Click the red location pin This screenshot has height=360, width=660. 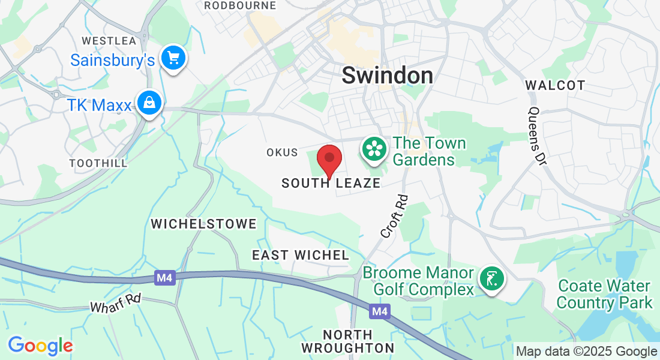pyautogui.click(x=329, y=159)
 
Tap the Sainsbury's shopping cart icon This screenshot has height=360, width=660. pyautogui.click(x=175, y=58)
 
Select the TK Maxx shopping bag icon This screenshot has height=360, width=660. pyautogui.click(x=148, y=104)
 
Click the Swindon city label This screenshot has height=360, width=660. pyautogui.click(x=387, y=75)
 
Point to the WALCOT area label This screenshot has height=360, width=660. pyautogui.click(x=555, y=85)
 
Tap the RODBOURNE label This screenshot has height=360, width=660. pyautogui.click(x=240, y=5)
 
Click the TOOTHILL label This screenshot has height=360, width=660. pyautogui.click(x=98, y=163)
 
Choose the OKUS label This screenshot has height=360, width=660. pyautogui.click(x=282, y=152)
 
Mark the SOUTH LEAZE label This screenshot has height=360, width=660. pyautogui.click(x=331, y=183)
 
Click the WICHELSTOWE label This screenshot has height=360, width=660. pyautogui.click(x=203, y=224)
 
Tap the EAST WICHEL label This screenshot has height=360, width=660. pyautogui.click(x=300, y=255)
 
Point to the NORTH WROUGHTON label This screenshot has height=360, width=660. pyautogui.click(x=348, y=341)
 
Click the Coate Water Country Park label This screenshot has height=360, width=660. pyautogui.click(x=604, y=294)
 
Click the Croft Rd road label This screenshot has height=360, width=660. pyautogui.click(x=394, y=215)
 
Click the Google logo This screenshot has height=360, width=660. pyautogui.click(x=40, y=346)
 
